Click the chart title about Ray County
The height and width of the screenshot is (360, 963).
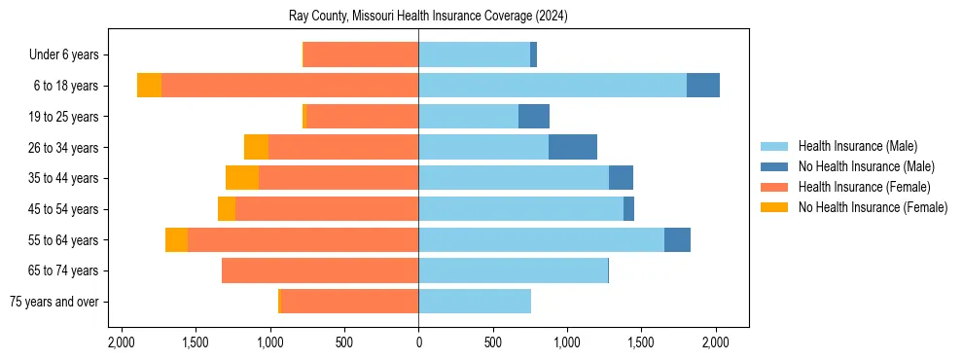tap(428, 17)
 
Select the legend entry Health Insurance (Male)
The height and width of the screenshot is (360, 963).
tap(857, 146)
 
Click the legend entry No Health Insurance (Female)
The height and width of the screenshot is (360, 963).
tap(873, 207)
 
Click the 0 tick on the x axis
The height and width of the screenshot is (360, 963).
tap(418, 342)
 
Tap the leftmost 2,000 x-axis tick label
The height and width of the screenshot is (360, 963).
tap(122, 342)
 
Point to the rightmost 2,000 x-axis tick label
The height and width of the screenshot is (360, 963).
tap(716, 342)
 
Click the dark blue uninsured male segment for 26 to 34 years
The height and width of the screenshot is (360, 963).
tap(573, 147)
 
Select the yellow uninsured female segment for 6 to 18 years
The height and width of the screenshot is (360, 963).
tap(149, 86)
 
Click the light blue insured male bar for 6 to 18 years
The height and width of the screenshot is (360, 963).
tap(553, 86)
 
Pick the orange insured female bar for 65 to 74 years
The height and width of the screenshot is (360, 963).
tap(320, 270)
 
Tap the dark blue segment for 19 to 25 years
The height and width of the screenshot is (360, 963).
tap(534, 117)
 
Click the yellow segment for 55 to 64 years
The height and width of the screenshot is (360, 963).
tap(176, 240)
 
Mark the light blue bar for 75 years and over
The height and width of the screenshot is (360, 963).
tap(475, 302)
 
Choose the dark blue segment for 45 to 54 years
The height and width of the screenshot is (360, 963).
tap(628, 209)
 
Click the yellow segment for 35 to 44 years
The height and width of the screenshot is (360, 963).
tap(242, 178)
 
